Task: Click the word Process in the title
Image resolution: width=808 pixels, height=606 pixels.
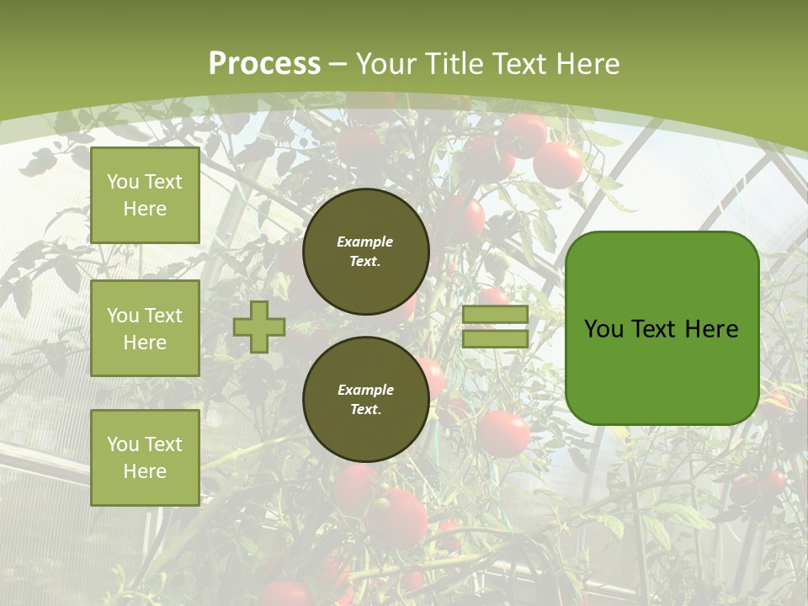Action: coord(264,64)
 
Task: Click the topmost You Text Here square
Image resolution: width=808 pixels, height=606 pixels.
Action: coord(145,195)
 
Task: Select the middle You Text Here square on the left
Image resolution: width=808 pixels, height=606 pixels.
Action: coord(145,328)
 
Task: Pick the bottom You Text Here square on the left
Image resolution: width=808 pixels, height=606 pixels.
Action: coord(145,458)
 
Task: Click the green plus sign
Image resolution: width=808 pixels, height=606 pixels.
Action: coord(259,327)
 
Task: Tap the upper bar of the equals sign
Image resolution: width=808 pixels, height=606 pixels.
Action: coord(495,315)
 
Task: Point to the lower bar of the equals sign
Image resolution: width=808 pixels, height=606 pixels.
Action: coord(495,339)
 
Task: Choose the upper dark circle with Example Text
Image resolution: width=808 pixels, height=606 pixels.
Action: coord(365,252)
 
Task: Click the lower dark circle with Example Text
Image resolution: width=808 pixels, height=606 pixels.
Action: coord(365,400)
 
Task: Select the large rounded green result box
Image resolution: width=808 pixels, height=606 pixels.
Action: coord(662,328)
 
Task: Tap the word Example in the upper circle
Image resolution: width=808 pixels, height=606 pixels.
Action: coord(365,242)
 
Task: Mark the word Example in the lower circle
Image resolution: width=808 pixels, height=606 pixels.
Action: coord(365,390)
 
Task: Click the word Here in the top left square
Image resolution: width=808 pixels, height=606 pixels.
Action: coord(145,209)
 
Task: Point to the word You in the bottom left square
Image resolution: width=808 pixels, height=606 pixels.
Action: coord(123,444)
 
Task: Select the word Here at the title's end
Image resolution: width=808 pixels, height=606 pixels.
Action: coord(587,64)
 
